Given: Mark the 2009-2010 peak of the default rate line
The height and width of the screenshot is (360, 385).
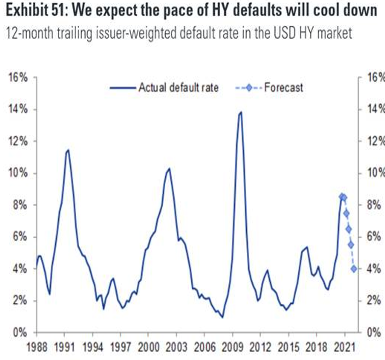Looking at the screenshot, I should click(241, 112).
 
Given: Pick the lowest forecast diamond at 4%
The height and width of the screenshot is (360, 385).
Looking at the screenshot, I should click(354, 269).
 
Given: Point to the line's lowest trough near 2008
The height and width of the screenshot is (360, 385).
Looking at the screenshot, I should click(222, 317).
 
